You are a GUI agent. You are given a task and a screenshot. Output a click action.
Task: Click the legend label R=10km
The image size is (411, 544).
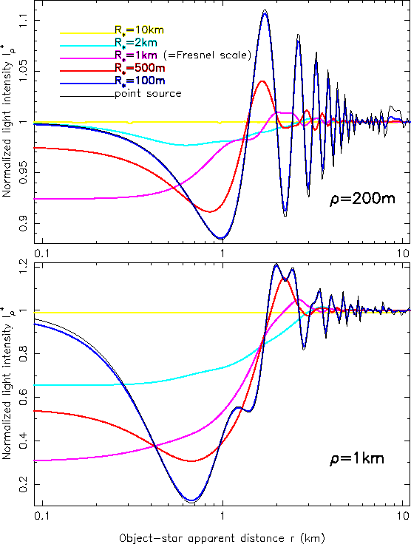click(x=138, y=30)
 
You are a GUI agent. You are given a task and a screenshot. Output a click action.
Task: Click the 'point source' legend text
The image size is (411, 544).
click(x=147, y=94)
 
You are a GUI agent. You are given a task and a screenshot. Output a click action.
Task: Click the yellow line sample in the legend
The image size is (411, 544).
click(x=86, y=33)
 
